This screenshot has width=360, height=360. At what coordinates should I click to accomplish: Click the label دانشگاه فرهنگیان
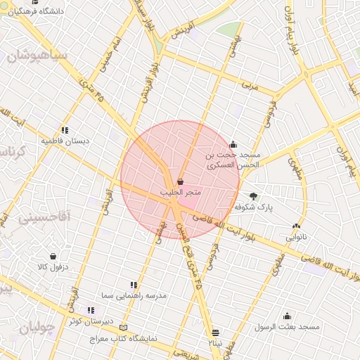(x=35, y=12)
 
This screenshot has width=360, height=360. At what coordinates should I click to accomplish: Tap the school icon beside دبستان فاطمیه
(x=65, y=130)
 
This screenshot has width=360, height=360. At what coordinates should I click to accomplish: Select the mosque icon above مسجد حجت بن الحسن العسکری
(x=233, y=144)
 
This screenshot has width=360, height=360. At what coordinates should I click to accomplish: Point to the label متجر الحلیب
(x=181, y=192)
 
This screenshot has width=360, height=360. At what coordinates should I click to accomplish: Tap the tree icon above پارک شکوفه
(x=253, y=197)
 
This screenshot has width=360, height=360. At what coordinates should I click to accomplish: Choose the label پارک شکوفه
(x=254, y=207)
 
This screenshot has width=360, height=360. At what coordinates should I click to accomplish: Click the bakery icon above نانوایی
(x=296, y=227)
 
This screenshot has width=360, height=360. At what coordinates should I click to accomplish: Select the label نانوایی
(x=296, y=238)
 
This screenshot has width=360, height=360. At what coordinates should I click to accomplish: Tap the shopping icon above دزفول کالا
(x=53, y=257)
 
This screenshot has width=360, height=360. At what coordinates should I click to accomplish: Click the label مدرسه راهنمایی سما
(x=133, y=296)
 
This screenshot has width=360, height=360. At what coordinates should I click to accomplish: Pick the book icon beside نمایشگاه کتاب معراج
(x=124, y=328)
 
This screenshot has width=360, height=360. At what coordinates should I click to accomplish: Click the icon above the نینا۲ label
(x=214, y=332)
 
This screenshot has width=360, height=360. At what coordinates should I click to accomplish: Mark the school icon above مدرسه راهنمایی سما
(x=134, y=285)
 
